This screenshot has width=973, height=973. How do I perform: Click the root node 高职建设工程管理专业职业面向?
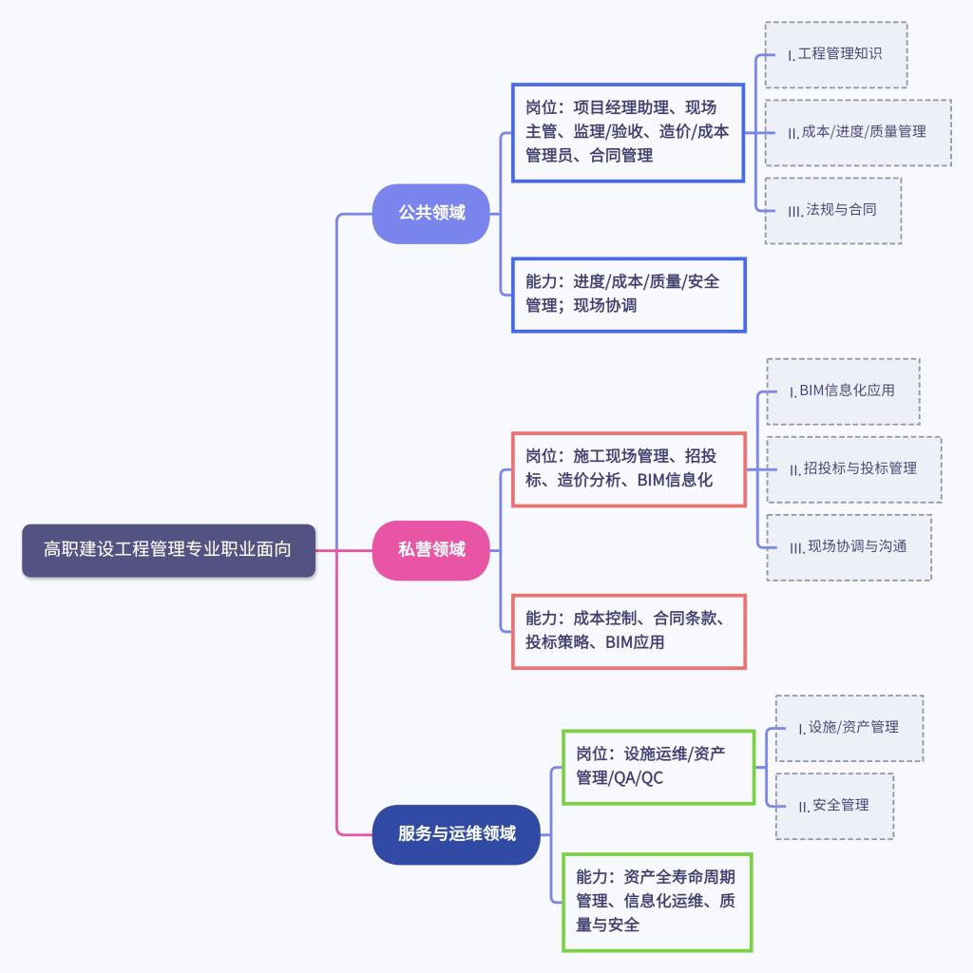click(x=168, y=550)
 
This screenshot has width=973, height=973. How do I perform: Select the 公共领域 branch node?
click(x=431, y=213)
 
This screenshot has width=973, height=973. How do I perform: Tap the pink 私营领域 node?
click(x=431, y=550)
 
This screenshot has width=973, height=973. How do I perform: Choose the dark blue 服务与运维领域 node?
click(x=456, y=834)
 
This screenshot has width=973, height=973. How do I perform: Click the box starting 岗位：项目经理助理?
click(x=627, y=132)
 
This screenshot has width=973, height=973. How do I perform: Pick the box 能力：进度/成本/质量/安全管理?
click(x=628, y=294)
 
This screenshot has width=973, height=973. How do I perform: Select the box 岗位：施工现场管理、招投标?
click(x=628, y=468)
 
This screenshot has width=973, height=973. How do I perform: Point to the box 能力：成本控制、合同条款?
click(x=628, y=631)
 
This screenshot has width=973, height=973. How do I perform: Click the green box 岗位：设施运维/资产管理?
click(x=658, y=766)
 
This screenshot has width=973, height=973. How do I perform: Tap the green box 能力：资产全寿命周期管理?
click(x=658, y=901)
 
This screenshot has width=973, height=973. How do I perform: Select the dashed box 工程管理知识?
click(x=836, y=55)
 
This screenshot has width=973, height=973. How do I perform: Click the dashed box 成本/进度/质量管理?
click(x=857, y=132)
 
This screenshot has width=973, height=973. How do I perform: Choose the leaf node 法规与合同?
click(x=832, y=210)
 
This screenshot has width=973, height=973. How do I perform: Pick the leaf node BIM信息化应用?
click(x=843, y=391)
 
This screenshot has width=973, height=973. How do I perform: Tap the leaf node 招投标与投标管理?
click(x=853, y=468)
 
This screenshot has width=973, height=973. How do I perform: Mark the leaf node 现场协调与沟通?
click(x=849, y=546)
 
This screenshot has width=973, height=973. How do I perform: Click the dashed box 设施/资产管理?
click(x=849, y=728)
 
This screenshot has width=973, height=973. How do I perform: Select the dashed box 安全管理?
click(x=834, y=806)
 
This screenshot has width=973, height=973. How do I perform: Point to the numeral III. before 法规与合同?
click(x=795, y=211)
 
